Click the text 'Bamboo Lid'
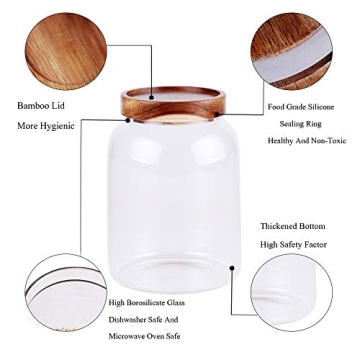(x=41, y=105)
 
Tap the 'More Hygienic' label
(x=46, y=126)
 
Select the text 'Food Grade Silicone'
(x=300, y=106)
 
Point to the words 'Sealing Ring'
(x=301, y=124)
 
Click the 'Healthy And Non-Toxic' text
(x=307, y=141)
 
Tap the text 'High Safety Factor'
(x=293, y=244)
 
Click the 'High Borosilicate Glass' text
(x=147, y=302)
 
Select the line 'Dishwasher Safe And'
(x=143, y=320)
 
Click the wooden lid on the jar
(x=173, y=103)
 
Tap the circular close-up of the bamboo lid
(x=65, y=51)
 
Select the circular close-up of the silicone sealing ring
(x=291, y=51)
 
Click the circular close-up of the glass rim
(x=65, y=293)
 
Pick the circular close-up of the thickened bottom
(x=291, y=293)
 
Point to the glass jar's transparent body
(x=173, y=200)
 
